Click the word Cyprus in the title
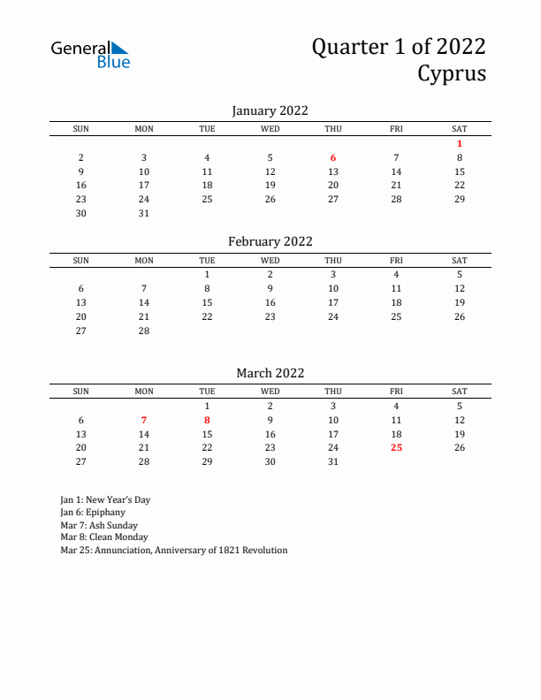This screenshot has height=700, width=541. coord(452,73)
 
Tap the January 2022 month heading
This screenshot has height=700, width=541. coord(270,110)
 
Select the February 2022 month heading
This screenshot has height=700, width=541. coord(270,241)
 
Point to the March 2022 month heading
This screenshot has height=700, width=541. coord(270,373)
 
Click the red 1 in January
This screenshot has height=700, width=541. coord(460,143)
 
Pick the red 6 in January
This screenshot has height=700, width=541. coord(333,157)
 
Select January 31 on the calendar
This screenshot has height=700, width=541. coord(144,213)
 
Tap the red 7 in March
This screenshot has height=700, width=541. coord(144,420)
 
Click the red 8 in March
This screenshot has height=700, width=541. coord(207,420)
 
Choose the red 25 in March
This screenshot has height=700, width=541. coord(396,447)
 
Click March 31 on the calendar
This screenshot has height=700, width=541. coord(333,461)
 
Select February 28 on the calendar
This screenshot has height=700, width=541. coord(144,331)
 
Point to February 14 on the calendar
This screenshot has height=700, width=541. coord(144,302)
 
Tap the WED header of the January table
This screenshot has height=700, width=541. coord(270,129)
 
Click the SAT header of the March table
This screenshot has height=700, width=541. coord(460,392)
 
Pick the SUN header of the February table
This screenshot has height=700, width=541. coord(81,260)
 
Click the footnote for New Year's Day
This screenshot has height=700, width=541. coord(105,499)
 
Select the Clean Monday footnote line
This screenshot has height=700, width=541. coord(104,536)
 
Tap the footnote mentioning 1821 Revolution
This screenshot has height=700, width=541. coord(174,550)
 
